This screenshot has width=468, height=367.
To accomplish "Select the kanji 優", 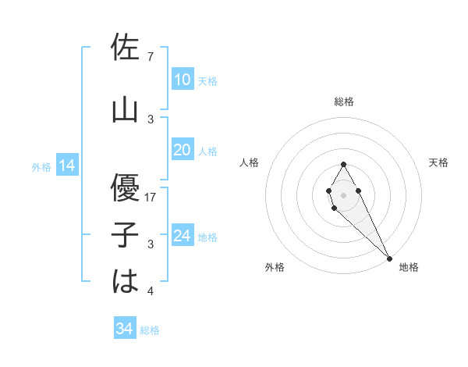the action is pos(125,187).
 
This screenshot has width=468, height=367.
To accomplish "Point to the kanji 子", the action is pos(125,234).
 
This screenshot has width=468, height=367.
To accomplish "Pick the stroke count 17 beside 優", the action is pos(151,197).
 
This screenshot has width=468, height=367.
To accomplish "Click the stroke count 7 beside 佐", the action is pos(150,57).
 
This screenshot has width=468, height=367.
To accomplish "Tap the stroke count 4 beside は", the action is pos(150,292).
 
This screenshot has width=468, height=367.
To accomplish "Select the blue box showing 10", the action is pos(182,80).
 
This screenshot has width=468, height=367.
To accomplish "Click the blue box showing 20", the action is pos(182,150).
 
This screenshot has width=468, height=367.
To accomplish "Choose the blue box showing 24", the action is pos(182,236).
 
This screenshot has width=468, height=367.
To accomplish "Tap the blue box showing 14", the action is pos(67,166).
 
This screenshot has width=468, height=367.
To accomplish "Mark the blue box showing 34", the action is pos(125,329).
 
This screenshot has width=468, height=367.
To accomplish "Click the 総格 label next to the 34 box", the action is pos(150,330).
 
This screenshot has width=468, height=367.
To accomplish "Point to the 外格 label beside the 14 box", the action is pos(41,166).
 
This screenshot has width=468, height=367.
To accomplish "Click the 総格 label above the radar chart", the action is pos(344,102).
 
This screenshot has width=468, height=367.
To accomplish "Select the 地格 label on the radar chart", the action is pos(409,267).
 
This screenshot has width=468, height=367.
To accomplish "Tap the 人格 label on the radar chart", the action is pos(250,162).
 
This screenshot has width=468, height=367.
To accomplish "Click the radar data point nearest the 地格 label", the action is pos(389,258).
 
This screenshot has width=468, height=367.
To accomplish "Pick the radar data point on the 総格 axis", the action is pos(343,164).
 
